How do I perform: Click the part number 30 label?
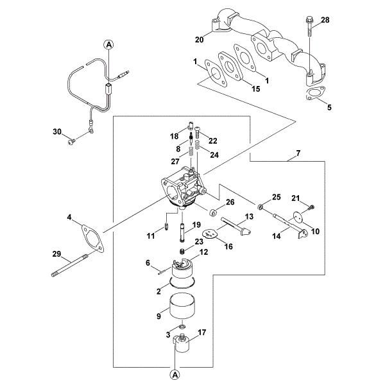click(x=56, y=132)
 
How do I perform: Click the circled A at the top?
click(x=108, y=44)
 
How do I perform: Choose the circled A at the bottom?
click(x=175, y=372)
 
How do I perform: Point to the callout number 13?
click(x=250, y=218)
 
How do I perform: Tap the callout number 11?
click(x=151, y=236)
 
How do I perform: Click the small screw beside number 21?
click(x=311, y=206)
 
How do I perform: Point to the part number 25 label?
click(x=277, y=196)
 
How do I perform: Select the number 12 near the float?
click(x=205, y=252)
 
